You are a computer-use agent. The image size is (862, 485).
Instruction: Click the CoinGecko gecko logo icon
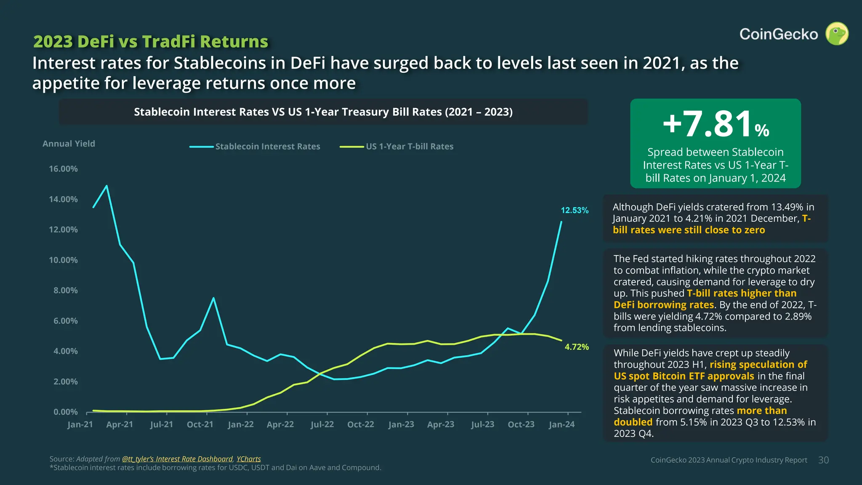point(837,34)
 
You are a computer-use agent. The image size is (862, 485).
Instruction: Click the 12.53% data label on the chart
point(575,210)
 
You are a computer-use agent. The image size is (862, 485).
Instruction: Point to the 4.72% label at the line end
point(577,347)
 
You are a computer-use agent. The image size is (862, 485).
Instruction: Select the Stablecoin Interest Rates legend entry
point(255,147)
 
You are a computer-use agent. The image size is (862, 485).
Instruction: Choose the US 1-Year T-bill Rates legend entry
point(396,147)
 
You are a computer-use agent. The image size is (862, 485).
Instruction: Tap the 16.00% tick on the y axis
point(63,169)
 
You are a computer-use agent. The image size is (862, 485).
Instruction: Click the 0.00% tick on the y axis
point(66,412)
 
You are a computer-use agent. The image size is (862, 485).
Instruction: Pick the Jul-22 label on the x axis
point(322,424)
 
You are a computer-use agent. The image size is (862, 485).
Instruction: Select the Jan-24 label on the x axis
point(561,424)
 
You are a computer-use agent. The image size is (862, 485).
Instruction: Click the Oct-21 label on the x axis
point(200,424)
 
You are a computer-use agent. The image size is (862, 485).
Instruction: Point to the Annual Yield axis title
point(69,144)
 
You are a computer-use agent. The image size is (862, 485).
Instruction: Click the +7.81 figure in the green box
point(707,124)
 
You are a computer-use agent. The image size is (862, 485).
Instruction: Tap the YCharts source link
point(249,459)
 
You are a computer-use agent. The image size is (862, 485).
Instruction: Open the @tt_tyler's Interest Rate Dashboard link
point(177,459)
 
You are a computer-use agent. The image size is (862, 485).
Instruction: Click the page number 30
point(824,460)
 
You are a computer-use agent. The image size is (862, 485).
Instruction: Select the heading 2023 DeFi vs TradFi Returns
point(151,42)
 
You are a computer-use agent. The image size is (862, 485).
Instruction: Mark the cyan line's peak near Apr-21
point(106,186)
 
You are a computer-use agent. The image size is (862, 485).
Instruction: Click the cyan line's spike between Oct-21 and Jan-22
point(213,298)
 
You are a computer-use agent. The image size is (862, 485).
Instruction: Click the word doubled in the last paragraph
point(633,422)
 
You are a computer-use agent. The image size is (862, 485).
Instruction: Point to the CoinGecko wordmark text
point(779,34)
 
